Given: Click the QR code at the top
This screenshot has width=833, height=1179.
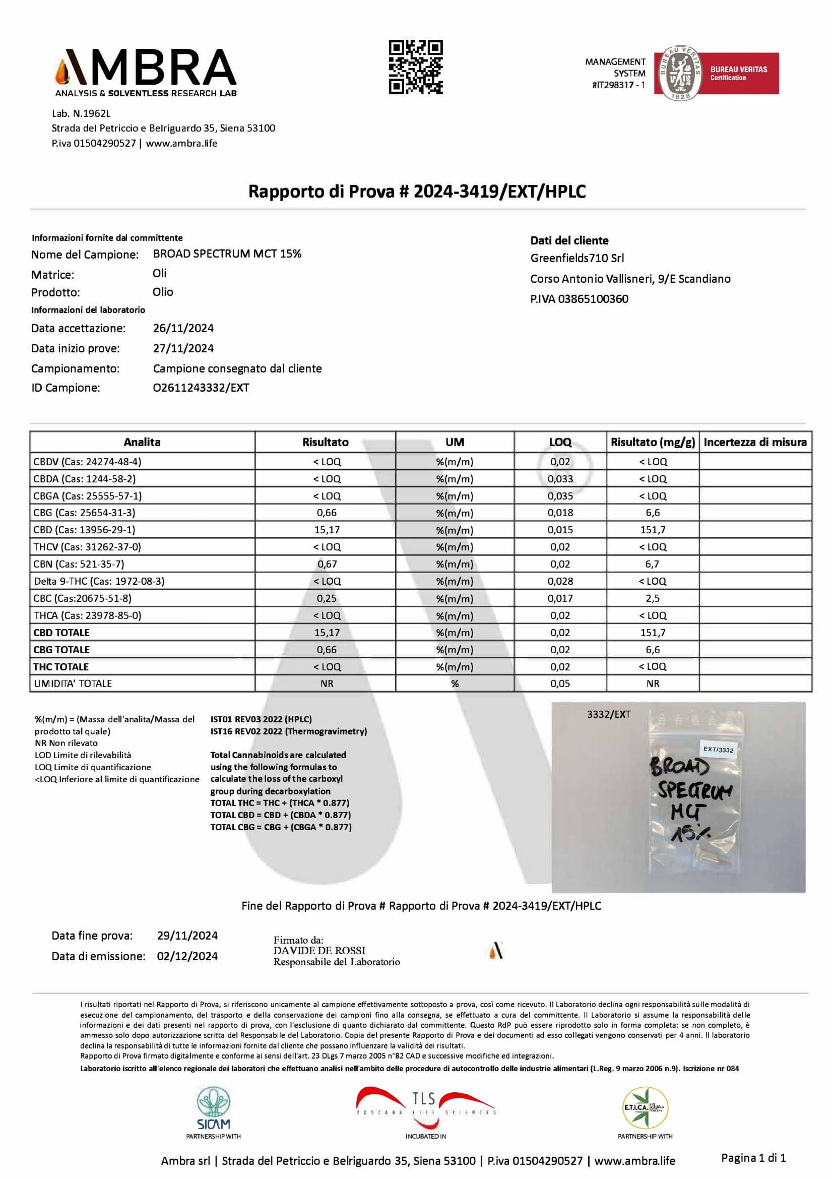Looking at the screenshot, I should tap(415, 67).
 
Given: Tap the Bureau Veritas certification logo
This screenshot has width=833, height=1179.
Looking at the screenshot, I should tap(716, 73).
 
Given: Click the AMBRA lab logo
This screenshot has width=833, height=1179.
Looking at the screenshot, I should tap(146, 73).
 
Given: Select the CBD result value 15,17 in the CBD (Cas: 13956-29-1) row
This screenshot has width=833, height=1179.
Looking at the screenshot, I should tap(327, 529).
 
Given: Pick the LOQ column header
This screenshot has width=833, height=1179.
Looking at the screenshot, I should tap(560, 442).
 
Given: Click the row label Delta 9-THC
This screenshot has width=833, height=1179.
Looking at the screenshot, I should tap(99, 581).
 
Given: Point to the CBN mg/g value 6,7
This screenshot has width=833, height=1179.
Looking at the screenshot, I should tap(652, 564).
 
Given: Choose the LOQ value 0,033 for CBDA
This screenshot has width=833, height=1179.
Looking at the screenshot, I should tap(560, 478).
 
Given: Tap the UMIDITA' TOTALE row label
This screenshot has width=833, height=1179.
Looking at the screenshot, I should tap(73, 684).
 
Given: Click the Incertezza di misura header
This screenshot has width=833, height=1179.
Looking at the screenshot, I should tap(754, 442).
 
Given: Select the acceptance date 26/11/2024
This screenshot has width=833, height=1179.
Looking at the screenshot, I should tap(183, 328).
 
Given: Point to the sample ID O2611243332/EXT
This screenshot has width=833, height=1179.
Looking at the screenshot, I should tap(201, 388).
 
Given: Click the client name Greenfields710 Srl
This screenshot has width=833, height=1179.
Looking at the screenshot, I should tap(577, 258).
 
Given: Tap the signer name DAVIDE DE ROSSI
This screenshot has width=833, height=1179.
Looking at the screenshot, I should tap(319, 951).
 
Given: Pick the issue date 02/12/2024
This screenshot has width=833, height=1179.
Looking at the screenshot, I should tap(187, 956).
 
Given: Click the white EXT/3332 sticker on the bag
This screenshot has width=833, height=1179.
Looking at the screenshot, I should tap(718, 750).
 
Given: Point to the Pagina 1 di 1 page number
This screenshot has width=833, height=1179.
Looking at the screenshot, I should tap(753, 1157).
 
